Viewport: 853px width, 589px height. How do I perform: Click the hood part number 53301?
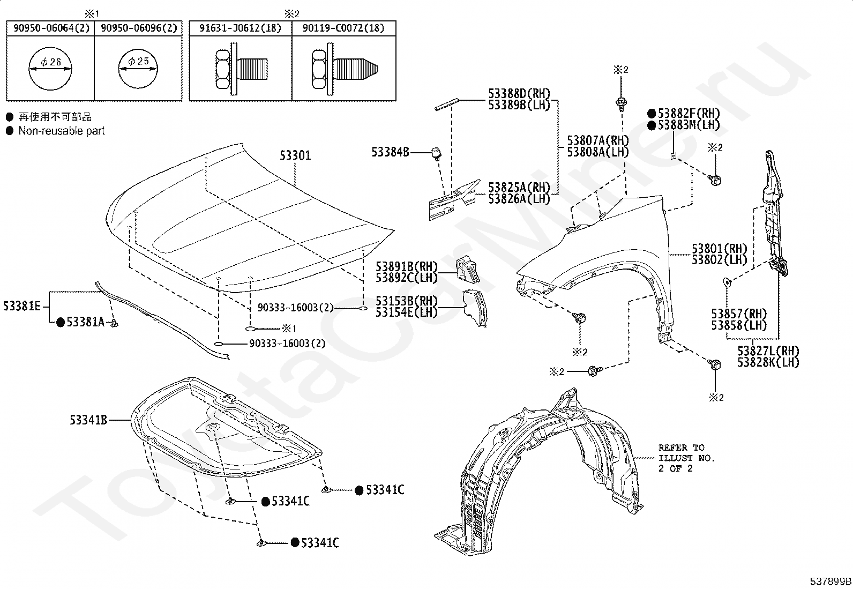pos(295,156)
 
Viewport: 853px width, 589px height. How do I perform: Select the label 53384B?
pos(390,152)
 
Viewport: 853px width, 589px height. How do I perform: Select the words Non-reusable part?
pos(62,131)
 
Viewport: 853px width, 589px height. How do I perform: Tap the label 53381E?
pos(21,306)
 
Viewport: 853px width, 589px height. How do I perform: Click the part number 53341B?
pos(88,420)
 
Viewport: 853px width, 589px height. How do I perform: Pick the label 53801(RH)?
pos(719,249)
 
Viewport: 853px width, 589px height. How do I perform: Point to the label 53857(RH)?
pos(739,314)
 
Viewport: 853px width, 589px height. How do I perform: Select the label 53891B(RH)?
pos(406,266)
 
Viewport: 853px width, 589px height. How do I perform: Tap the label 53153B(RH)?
pos(406,301)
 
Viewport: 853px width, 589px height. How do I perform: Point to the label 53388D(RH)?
pos(519,94)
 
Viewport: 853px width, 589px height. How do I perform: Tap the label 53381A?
pos(85,322)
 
